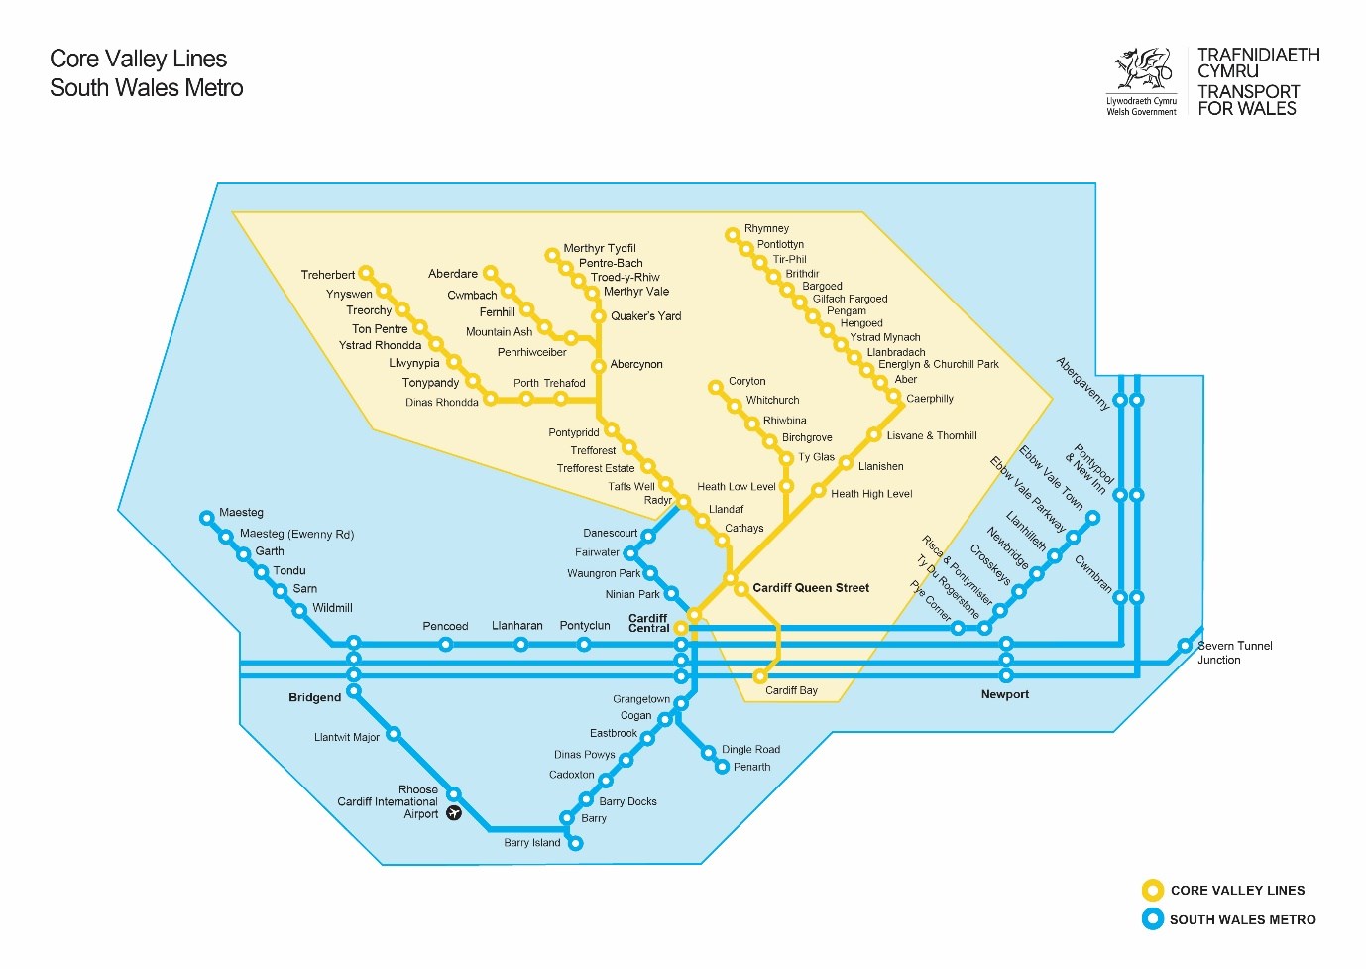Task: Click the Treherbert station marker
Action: (366, 273)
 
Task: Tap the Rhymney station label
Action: (766, 228)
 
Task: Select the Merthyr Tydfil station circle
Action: (552, 255)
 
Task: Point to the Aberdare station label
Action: (452, 274)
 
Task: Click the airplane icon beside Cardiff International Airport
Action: (454, 813)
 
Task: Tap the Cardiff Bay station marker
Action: (760, 676)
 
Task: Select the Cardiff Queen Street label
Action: (810, 588)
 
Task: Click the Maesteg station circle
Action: (207, 518)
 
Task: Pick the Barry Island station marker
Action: (575, 844)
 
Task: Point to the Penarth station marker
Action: (723, 767)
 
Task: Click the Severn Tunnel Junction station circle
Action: (1185, 646)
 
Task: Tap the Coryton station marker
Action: (715, 387)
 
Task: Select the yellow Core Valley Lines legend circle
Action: (1152, 890)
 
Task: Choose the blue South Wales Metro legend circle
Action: (1152, 919)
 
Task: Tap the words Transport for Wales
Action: (1247, 100)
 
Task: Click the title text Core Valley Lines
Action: (138, 60)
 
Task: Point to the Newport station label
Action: (1004, 694)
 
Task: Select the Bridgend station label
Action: (314, 698)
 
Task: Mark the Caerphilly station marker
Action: (894, 397)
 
